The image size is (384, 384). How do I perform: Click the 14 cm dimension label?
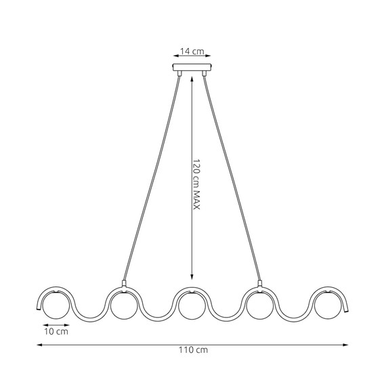pos(192,51)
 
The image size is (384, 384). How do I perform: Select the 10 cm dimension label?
pos(56,333)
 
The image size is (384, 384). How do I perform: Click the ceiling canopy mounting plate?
pos(192,69)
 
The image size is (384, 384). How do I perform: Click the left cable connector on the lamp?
pos(123,284)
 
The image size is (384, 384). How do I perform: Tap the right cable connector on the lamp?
pos(260,284)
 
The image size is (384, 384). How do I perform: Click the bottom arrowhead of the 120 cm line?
pos(192,277)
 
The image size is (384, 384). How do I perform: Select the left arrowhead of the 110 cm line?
pos(38,345)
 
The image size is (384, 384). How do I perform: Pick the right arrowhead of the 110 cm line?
pos(347,345)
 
